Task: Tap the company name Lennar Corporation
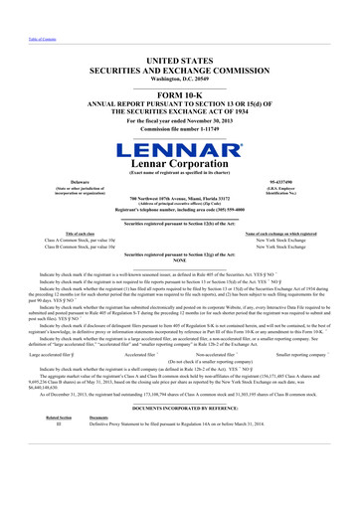pos(179,165)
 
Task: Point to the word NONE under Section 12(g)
pos(179,262)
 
